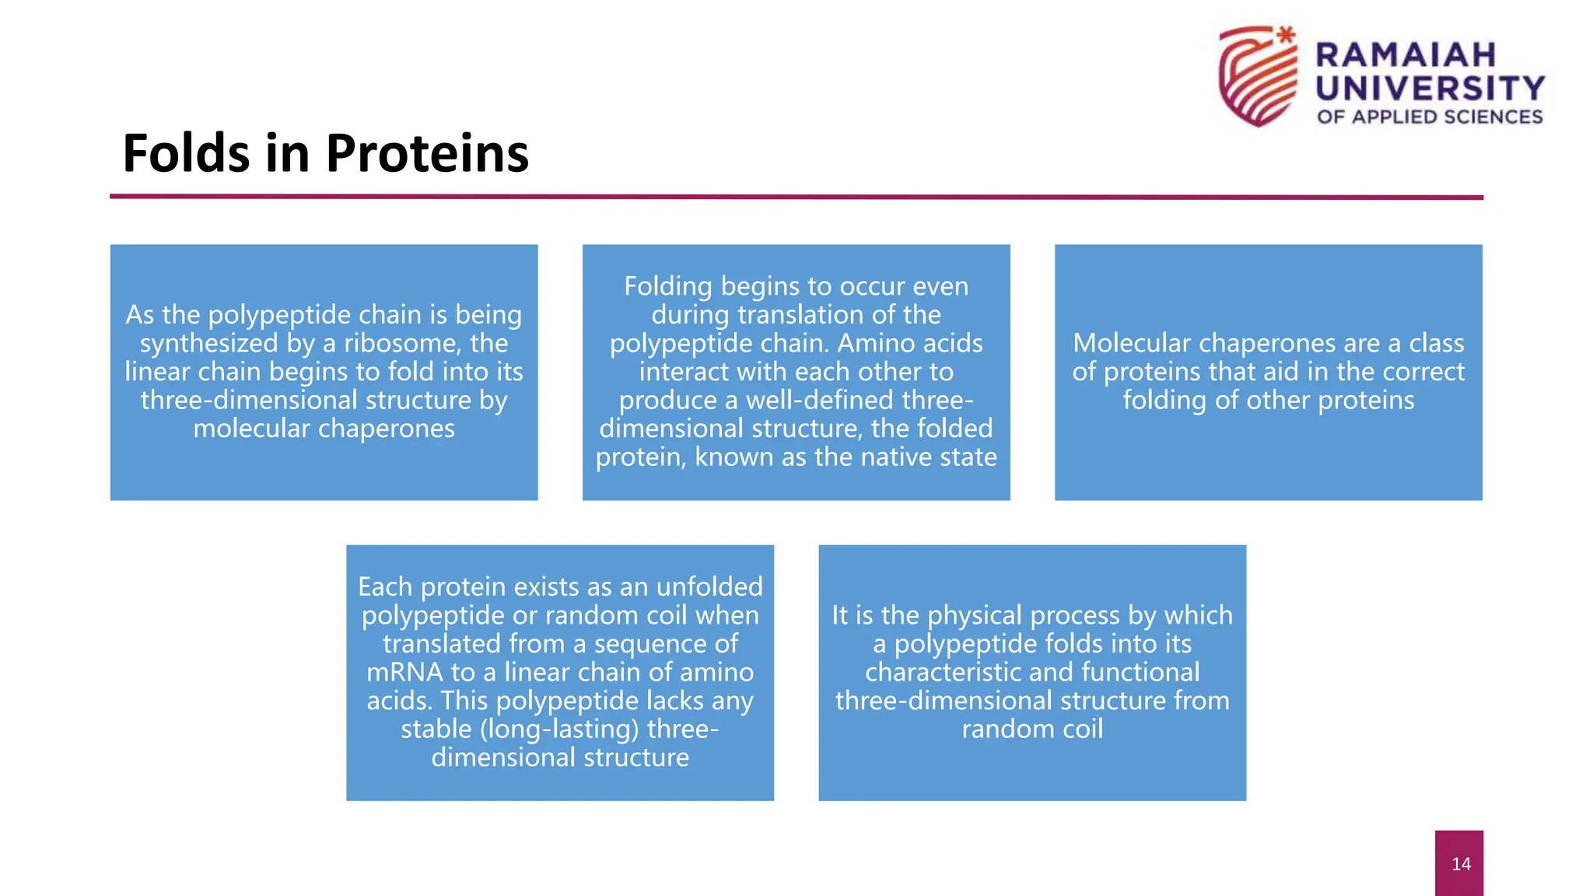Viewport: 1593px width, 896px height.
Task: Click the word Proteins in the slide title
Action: point(427,153)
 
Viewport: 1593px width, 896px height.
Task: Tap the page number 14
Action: point(1461,864)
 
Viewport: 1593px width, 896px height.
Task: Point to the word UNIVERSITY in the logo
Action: point(1430,88)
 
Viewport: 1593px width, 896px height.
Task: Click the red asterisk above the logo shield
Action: point(1287,34)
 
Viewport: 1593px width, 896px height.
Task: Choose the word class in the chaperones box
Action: point(1436,343)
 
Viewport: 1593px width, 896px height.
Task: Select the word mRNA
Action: point(404,672)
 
